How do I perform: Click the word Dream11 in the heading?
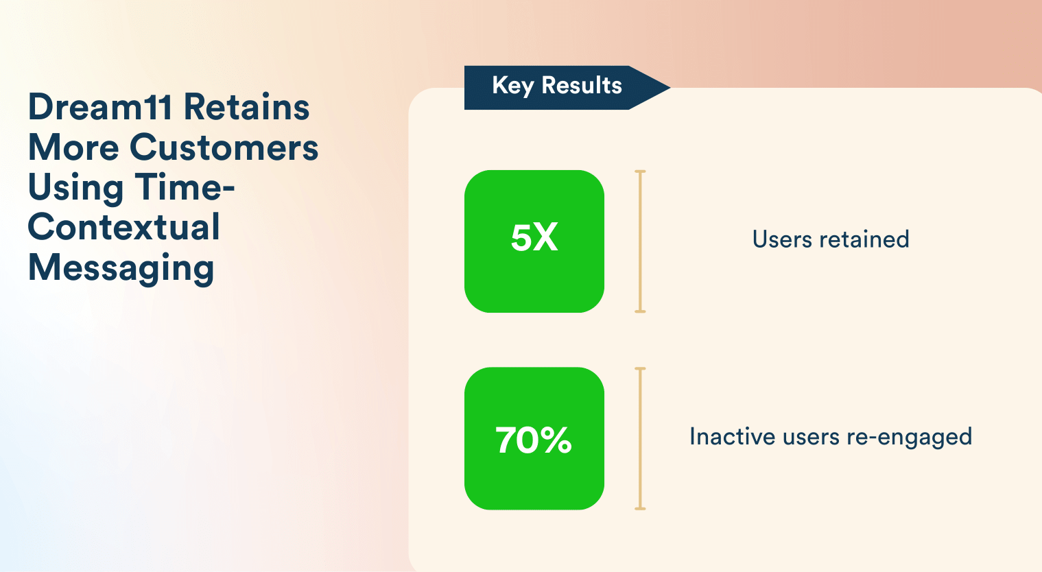click(x=100, y=108)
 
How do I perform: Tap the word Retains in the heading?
click(x=246, y=108)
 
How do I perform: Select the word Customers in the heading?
click(x=224, y=147)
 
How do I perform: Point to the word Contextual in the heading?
click(x=124, y=227)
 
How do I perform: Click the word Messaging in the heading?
click(x=121, y=268)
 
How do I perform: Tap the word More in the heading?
click(x=73, y=147)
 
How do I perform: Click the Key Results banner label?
click(x=556, y=86)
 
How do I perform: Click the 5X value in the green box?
click(x=534, y=238)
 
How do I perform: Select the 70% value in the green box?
click(x=534, y=440)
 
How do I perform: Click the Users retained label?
click(x=830, y=239)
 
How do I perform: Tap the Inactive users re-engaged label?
click(x=830, y=437)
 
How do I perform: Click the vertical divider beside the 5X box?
click(x=640, y=241)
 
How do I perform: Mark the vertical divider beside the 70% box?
click(x=640, y=439)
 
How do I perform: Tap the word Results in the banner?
click(x=581, y=86)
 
